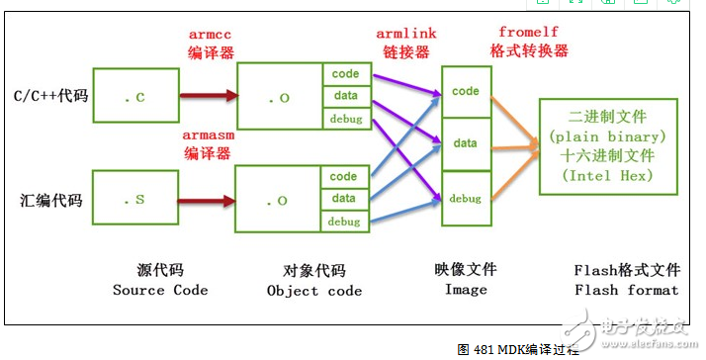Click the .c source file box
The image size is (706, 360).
[x=134, y=97]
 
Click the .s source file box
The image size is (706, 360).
[x=134, y=200]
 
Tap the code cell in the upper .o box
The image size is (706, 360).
[x=344, y=74]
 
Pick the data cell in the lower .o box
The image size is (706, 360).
[x=344, y=199]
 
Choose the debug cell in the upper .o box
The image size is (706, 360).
[x=344, y=119]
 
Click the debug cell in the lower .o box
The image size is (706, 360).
[x=344, y=221]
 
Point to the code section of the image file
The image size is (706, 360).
[x=465, y=92]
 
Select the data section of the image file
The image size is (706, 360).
[x=465, y=143]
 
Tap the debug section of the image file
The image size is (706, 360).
[x=465, y=198]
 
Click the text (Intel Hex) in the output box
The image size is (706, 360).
[x=607, y=175]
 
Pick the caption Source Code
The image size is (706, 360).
[x=160, y=290]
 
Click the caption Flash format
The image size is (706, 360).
[x=626, y=290]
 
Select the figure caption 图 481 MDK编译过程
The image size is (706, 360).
[x=525, y=349]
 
